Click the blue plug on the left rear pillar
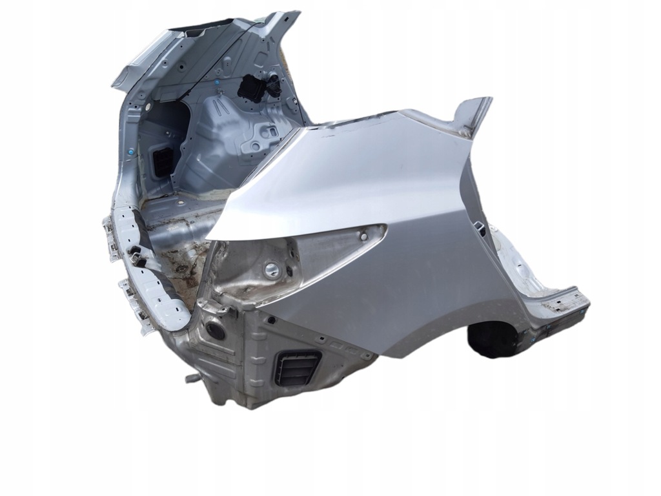point(131,151)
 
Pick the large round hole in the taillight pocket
point(272,271)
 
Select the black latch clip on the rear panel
point(137,253)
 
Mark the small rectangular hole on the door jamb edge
point(481,227)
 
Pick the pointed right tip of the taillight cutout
point(385,227)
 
